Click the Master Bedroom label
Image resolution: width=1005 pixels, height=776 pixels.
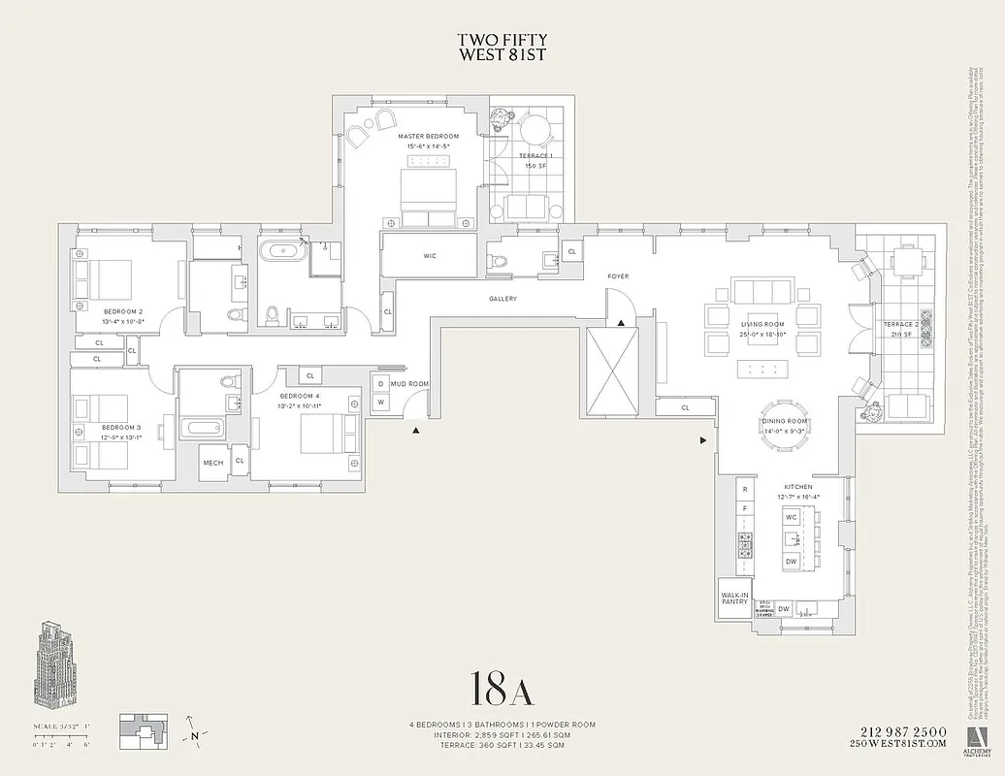click(x=428, y=137)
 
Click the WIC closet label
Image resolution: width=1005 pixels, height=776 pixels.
click(x=430, y=256)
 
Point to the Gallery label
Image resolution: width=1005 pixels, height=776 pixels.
click(x=502, y=299)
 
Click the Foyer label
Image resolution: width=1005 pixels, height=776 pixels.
click(x=618, y=276)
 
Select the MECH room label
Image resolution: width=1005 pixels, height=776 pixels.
click(x=212, y=463)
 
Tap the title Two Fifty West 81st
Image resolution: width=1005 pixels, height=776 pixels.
click(x=502, y=48)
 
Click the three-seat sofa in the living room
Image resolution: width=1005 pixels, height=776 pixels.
click(x=762, y=292)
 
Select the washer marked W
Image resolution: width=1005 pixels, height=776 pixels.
click(x=380, y=402)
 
